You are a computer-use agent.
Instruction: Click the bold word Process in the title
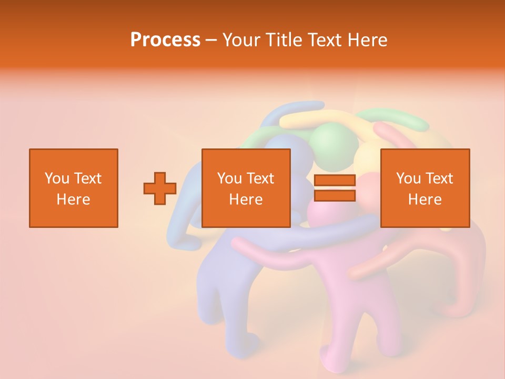pos(165,39)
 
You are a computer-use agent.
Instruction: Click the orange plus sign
pos(160,188)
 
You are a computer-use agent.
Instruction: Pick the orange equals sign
pos(335,188)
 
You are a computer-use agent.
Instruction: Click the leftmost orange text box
pos(74,158)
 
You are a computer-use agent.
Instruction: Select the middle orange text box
pos(246,158)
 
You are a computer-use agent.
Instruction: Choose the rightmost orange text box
pos(425,158)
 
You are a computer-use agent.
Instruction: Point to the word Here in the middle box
pos(246,200)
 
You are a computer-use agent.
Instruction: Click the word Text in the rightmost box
pos(439,178)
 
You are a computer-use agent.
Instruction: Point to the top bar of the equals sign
pos(335,181)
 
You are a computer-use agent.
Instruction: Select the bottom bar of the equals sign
pos(335,195)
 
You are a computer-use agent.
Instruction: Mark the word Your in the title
pos(241,39)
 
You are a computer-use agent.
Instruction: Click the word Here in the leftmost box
pos(74,200)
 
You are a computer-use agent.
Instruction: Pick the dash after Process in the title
pos(211,40)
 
